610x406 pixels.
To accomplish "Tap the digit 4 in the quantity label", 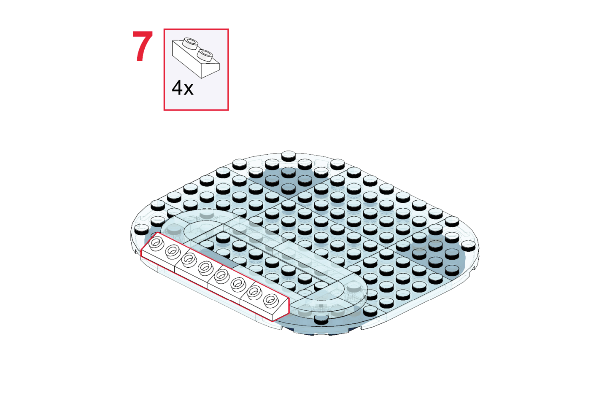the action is pyautogui.click(x=177, y=88).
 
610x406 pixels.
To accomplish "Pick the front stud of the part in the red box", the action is pyautogui.click(x=205, y=54).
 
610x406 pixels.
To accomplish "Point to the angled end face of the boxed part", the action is pyautogui.click(x=211, y=70).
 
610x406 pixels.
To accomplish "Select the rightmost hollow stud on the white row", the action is pyautogui.click(x=271, y=300).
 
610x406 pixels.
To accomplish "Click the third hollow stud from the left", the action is pyautogui.click(x=189, y=259).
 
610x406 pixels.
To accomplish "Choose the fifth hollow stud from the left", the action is pyautogui.click(x=221, y=275).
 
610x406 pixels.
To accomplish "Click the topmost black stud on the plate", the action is pyautogui.click(x=289, y=156).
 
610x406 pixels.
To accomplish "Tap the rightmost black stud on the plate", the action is pyautogui.click(x=468, y=245).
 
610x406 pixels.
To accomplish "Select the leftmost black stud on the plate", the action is pyautogui.click(x=141, y=229).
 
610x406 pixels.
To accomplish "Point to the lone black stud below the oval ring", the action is pyautogui.click(x=321, y=319).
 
